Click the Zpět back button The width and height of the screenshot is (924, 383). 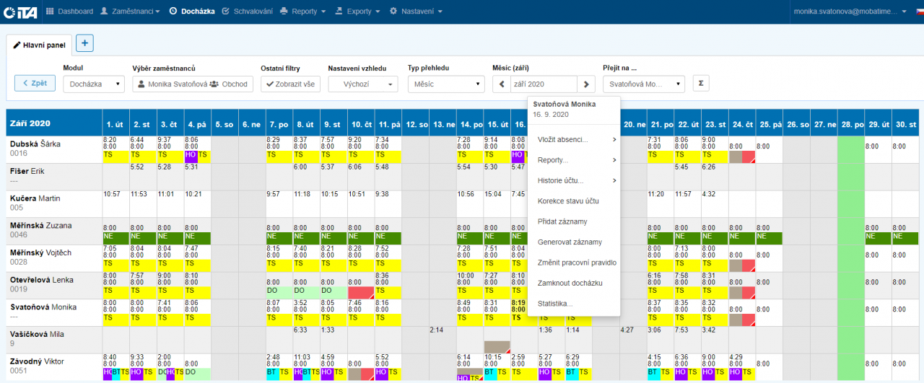(35, 83)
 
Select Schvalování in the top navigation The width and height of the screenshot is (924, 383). (248, 12)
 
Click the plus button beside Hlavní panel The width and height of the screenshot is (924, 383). (84, 43)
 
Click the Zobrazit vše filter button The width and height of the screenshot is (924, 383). (290, 84)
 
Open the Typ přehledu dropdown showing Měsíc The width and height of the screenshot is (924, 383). (445, 84)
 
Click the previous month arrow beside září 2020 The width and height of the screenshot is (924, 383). (502, 84)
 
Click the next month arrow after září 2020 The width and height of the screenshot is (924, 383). (588, 84)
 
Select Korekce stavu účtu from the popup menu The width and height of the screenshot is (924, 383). (568, 201)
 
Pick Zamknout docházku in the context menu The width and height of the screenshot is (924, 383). (570, 283)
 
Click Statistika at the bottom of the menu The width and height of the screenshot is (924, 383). (555, 304)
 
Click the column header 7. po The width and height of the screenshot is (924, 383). (279, 124)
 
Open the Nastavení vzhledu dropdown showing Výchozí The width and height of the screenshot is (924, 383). (362, 84)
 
